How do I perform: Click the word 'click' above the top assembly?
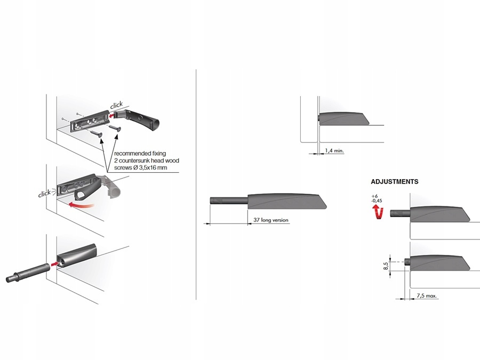[116, 105]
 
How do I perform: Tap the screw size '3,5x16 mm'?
[155, 167]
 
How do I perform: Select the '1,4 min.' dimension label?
[334, 151]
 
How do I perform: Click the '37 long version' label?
[271, 220]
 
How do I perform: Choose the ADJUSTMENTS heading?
[395, 181]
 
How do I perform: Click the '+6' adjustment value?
[374, 197]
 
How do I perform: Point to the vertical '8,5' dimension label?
[386, 266]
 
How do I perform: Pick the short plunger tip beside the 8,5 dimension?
[407, 262]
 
